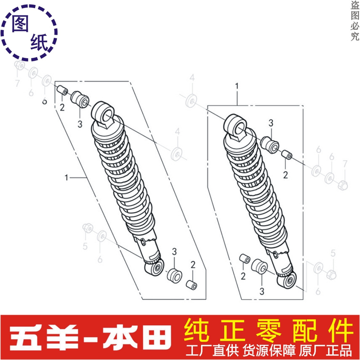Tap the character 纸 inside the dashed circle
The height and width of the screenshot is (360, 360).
pyautogui.click(x=39, y=42)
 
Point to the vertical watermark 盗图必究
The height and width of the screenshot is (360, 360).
pyautogui.click(x=355, y=21)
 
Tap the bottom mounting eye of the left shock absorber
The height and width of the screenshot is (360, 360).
pyautogui.click(x=154, y=268)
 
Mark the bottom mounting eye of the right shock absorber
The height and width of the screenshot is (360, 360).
pyautogui.click(x=287, y=280)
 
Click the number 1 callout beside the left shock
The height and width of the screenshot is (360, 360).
pyautogui.click(x=67, y=177)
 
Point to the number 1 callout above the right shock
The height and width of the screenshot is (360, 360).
pyautogui.click(x=237, y=86)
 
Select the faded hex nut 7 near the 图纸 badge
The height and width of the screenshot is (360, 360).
pyautogui.click(x=19, y=65)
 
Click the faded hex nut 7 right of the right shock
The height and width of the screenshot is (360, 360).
pyautogui.click(x=343, y=185)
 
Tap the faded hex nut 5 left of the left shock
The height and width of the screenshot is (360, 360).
pyautogui.click(x=88, y=228)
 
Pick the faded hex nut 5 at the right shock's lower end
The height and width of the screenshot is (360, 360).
pyautogui.click(x=331, y=274)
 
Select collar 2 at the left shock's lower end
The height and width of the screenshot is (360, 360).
pyautogui.click(x=191, y=285)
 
